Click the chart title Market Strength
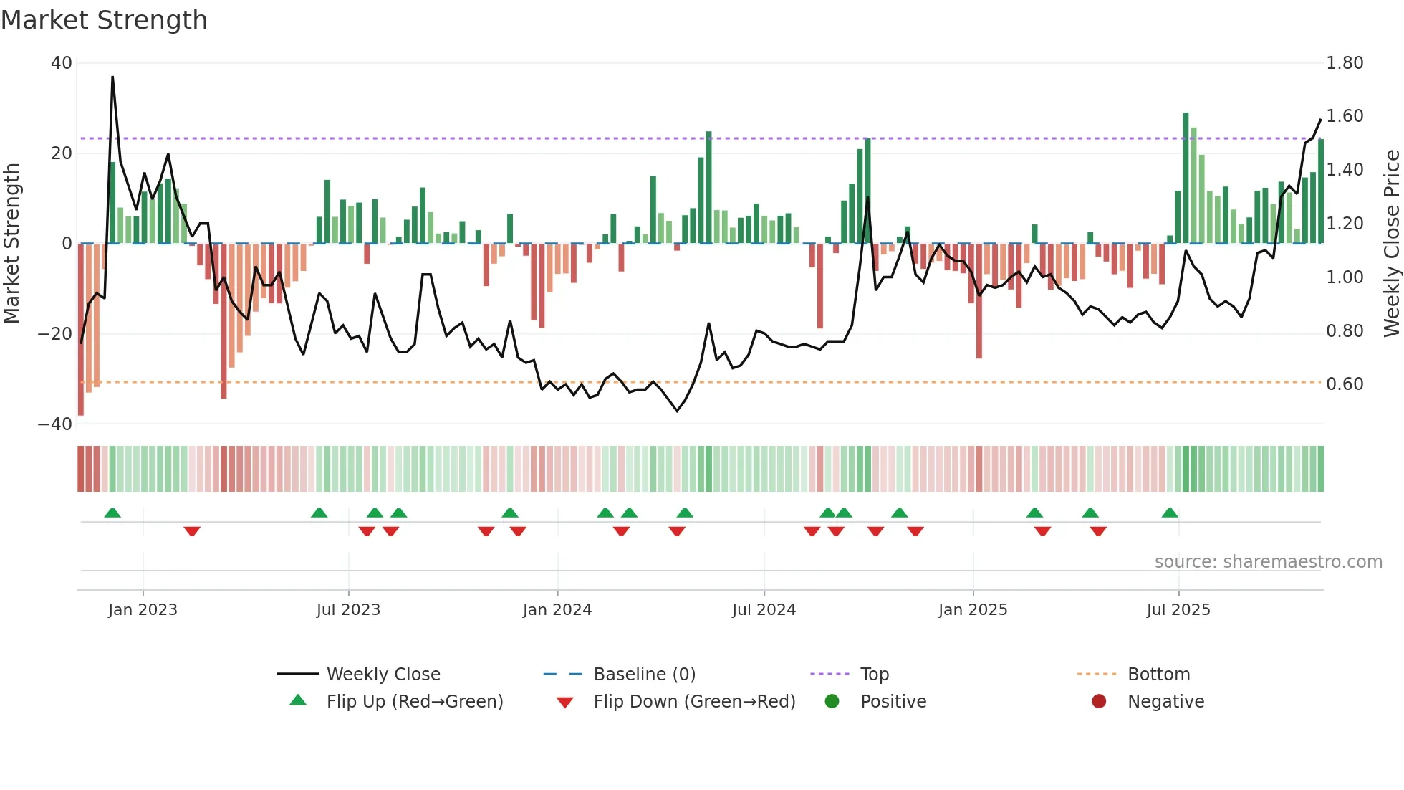click(x=104, y=20)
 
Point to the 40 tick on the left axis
click(x=62, y=63)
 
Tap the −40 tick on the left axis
click(x=55, y=424)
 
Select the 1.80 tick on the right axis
click(x=1345, y=63)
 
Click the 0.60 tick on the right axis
click(x=1345, y=384)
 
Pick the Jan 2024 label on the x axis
click(x=557, y=610)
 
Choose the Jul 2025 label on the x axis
click(x=1178, y=610)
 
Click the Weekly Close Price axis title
click(x=1391, y=243)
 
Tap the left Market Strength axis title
click(x=11, y=243)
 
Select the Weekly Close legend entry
click(x=383, y=675)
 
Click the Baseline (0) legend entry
click(x=644, y=675)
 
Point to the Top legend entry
click(x=874, y=675)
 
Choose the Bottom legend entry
click(x=1158, y=675)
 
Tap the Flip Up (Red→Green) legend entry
click(x=414, y=702)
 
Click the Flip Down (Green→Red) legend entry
click(x=694, y=702)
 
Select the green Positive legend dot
click(x=832, y=701)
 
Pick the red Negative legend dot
click(x=1099, y=701)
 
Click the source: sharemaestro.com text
click(x=1268, y=562)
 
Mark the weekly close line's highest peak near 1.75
click(x=112, y=77)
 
